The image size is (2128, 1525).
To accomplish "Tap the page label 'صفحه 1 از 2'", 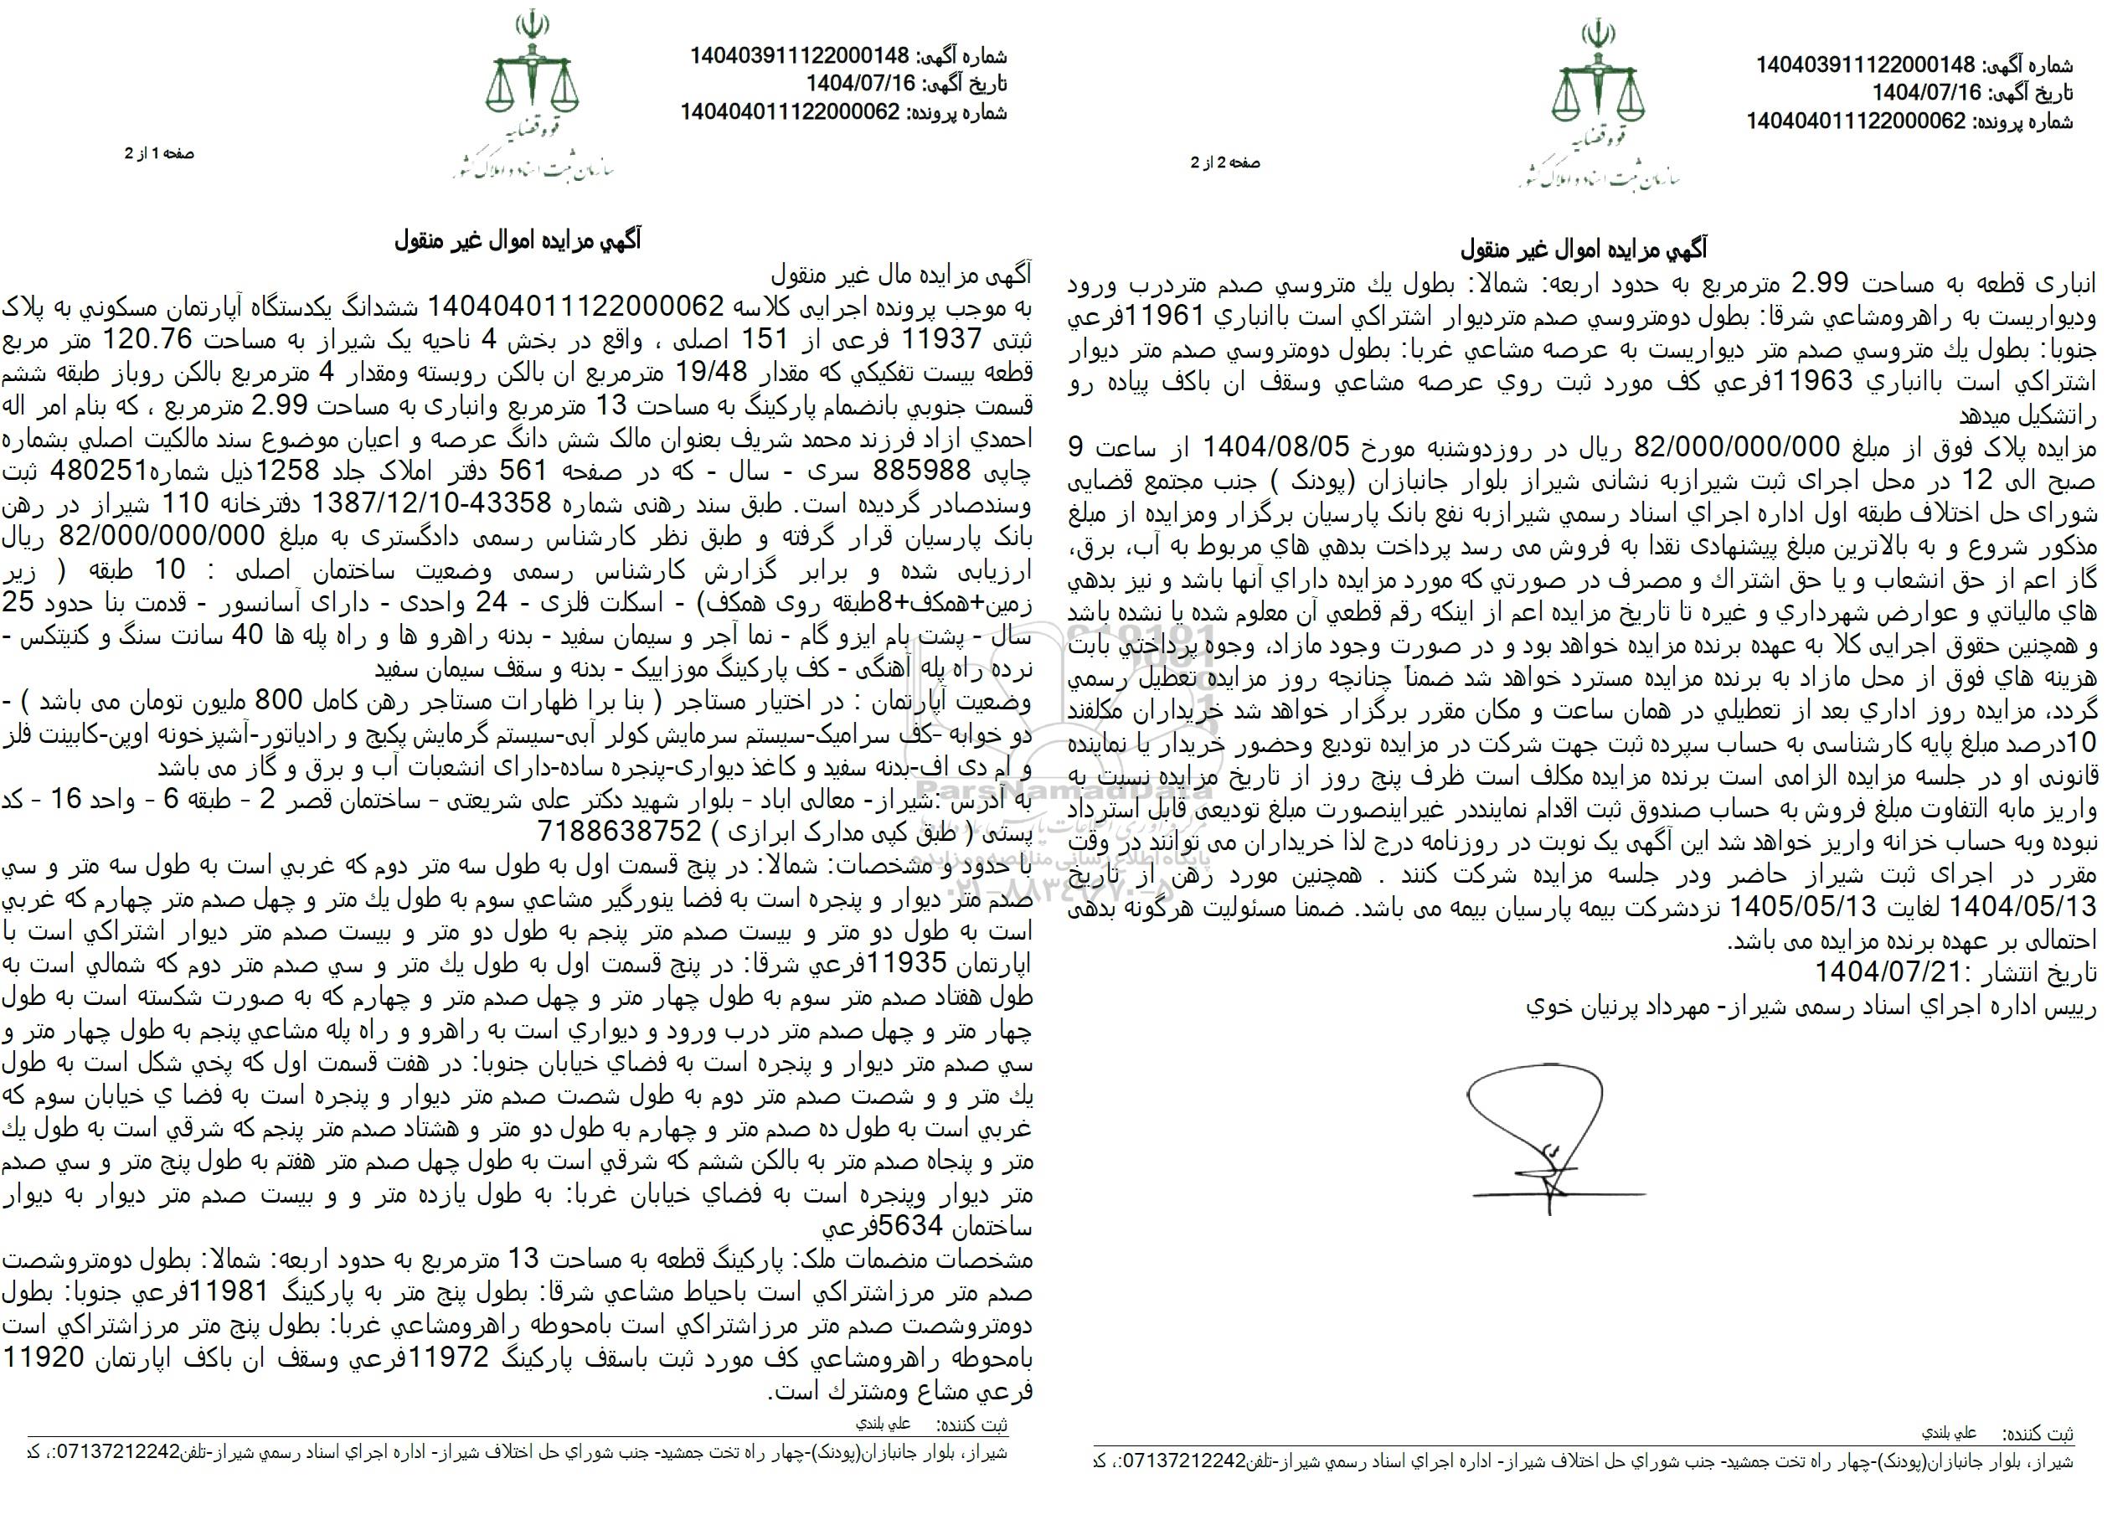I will pos(159,153).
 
